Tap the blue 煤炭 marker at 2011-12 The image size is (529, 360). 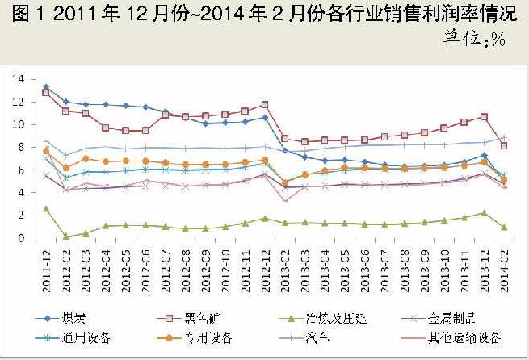(46, 87)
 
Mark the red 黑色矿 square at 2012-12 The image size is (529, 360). (264, 105)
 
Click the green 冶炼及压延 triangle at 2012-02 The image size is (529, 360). (66, 237)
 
